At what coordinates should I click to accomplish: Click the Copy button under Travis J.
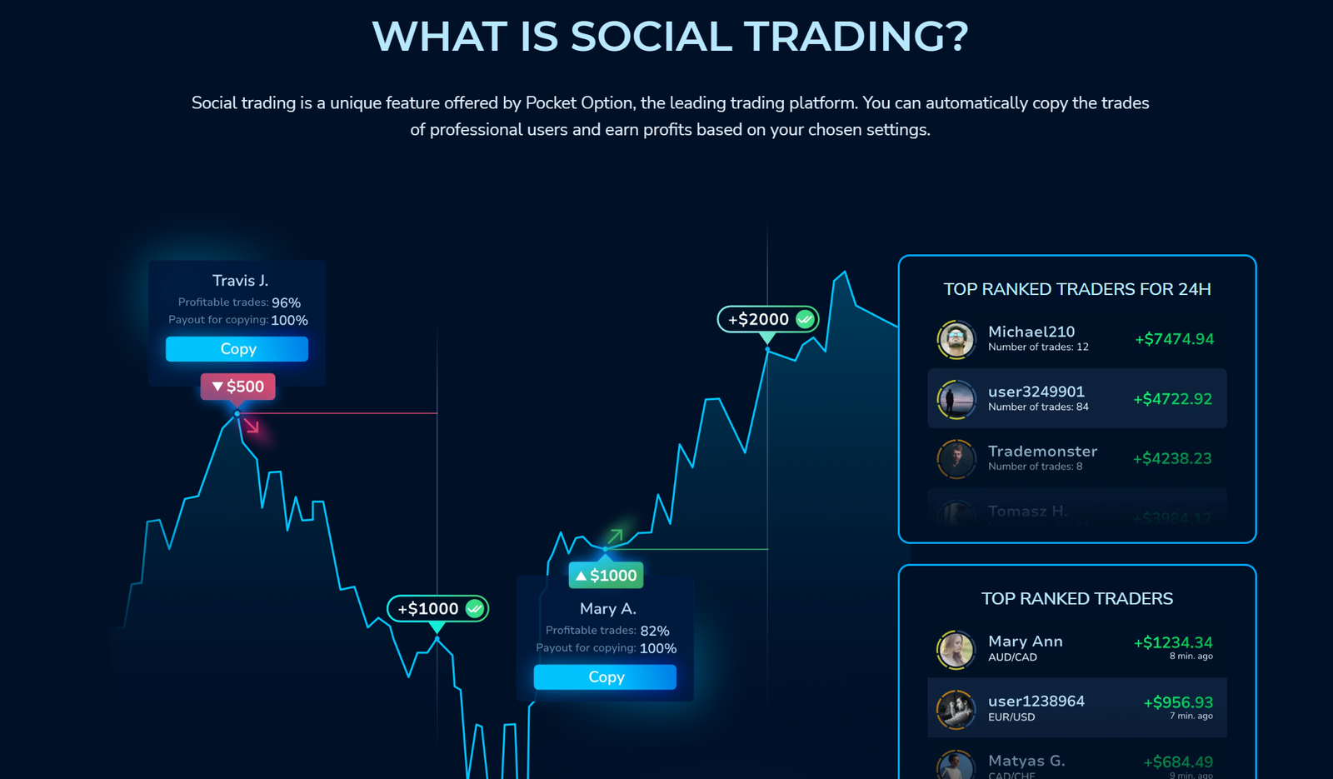pyautogui.click(x=237, y=349)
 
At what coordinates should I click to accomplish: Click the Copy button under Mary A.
pyautogui.click(x=605, y=677)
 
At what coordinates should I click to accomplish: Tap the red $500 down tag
pyautogui.click(x=237, y=387)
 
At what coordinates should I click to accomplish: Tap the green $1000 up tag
pyautogui.click(x=606, y=576)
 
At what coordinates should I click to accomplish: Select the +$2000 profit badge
pyautogui.click(x=767, y=319)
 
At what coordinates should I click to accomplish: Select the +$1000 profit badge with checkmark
pyautogui.click(x=437, y=609)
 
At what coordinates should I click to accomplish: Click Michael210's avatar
pyautogui.click(x=956, y=339)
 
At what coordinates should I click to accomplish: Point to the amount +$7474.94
pyautogui.click(x=1174, y=339)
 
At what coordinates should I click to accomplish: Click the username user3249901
pyautogui.click(x=1036, y=392)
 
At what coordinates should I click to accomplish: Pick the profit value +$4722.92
pyautogui.click(x=1172, y=399)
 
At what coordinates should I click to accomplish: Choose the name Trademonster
pyautogui.click(x=1042, y=452)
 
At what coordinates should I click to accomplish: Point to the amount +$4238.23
pyautogui.click(x=1172, y=459)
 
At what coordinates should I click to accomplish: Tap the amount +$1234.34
pyautogui.click(x=1172, y=642)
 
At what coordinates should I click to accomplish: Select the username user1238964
pyautogui.click(x=1036, y=702)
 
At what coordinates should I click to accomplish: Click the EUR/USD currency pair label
pyautogui.click(x=1011, y=717)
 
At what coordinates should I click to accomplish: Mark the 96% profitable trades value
pyautogui.click(x=286, y=303)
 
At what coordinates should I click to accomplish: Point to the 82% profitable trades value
pyautogui.click(x=655, y=632)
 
